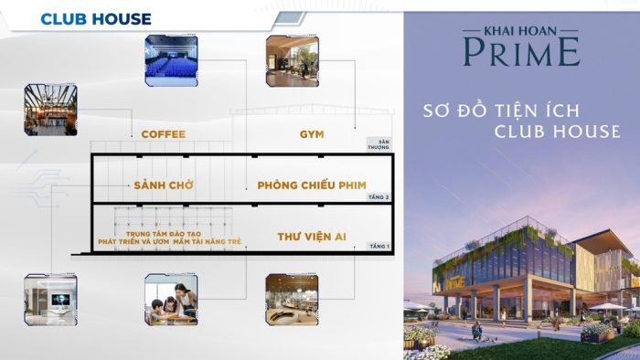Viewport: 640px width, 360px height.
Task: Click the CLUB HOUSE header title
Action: (96, 18)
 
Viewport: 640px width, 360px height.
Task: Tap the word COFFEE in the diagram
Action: (163, 134)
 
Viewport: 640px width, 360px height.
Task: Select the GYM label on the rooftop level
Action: (312, 134)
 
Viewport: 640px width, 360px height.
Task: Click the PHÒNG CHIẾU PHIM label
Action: (312, 185)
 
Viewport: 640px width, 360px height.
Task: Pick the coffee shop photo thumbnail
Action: (50, 110)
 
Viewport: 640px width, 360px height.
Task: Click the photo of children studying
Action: (171, 300)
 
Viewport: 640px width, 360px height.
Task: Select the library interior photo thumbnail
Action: (292, 300)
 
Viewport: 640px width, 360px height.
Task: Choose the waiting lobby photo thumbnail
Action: (50, 300)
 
